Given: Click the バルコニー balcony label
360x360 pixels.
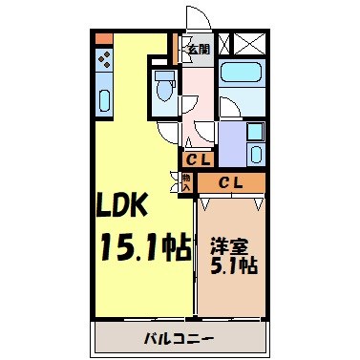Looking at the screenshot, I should coord(179,338).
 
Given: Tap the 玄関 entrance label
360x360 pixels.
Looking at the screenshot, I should coord(198,48).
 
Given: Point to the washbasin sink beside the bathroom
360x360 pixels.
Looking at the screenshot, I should coord(255,134).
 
